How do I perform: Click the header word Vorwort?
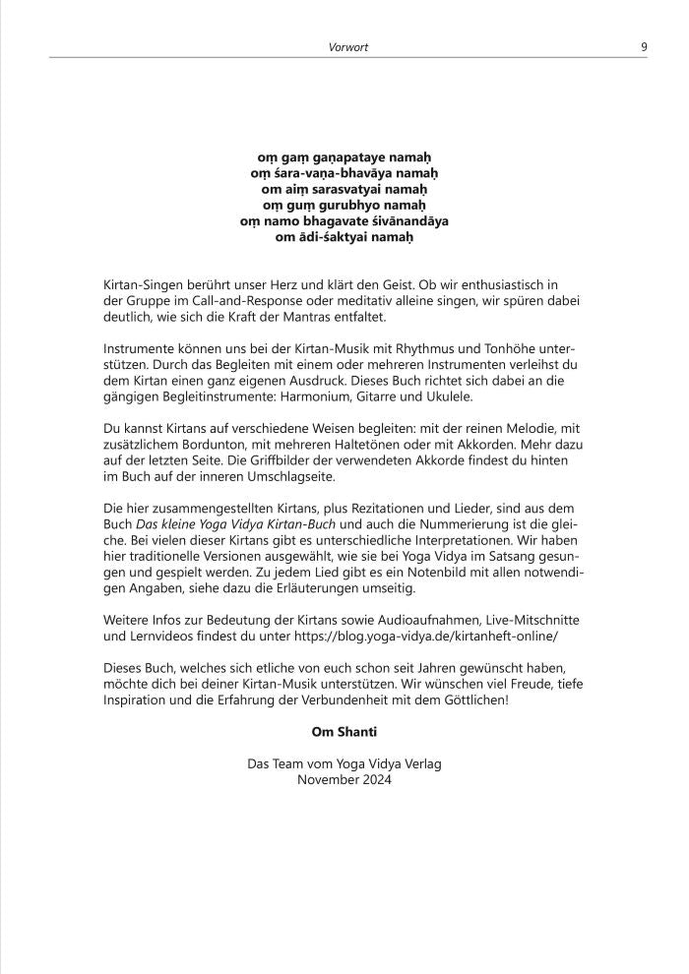(348, 46)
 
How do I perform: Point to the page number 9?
(644, 46)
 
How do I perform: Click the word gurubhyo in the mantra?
(347, 205)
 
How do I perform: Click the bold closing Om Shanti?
(344, 732)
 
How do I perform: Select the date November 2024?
(344, 779)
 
